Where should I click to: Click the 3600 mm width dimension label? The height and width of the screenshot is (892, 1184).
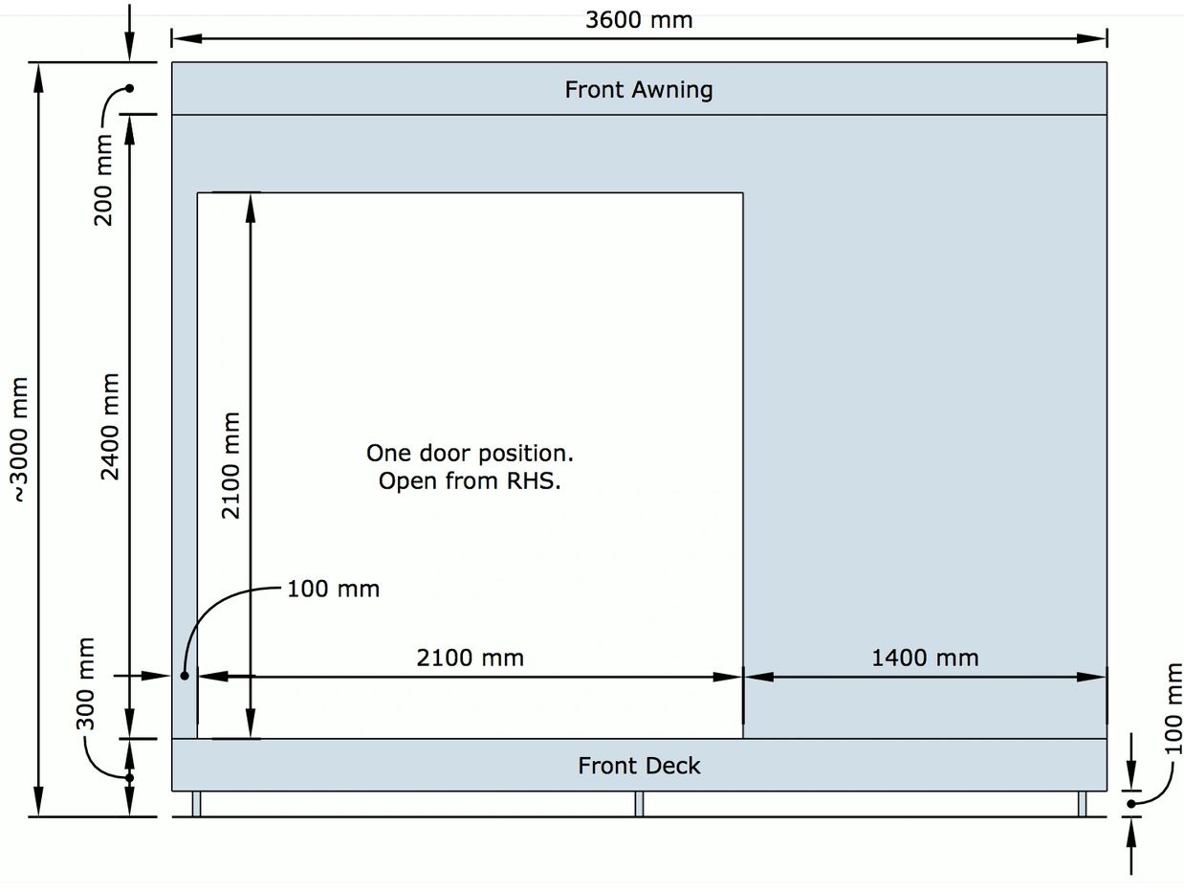click(639, 20)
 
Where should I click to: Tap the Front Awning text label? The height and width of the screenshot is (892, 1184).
click(639, 90)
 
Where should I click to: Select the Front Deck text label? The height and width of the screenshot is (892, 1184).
click(639, 766)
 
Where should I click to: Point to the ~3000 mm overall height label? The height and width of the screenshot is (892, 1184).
click(20, 440)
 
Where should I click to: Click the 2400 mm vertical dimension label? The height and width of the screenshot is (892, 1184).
click(110, 426)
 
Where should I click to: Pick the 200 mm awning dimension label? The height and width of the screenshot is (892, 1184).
click(103, 180)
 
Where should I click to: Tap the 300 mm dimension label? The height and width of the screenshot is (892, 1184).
click(85, 683)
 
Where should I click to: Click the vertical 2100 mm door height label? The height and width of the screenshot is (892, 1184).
click(230, 465)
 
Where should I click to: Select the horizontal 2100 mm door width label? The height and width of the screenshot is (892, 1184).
click(471, 658)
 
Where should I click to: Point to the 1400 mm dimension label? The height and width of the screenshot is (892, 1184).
click(925, 658)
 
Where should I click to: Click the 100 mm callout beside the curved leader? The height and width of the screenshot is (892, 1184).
click(334, 589)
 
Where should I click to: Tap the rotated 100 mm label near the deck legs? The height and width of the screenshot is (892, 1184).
click(1173, 708)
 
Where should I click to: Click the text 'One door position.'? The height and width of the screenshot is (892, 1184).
click(470, 454)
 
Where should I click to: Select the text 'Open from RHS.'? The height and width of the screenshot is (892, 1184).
click(470, 480)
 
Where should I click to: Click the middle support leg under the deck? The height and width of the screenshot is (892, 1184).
click(639, 804)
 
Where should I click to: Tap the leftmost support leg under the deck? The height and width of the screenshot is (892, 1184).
click(196, 804)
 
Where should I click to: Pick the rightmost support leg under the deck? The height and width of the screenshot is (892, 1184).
click(1082, 804)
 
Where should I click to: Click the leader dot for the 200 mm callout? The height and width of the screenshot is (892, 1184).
click(129, 88)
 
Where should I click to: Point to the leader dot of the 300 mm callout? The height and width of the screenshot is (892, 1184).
click(129, 778)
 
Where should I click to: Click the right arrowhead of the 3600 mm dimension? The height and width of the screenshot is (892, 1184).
click(1091, 38)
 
